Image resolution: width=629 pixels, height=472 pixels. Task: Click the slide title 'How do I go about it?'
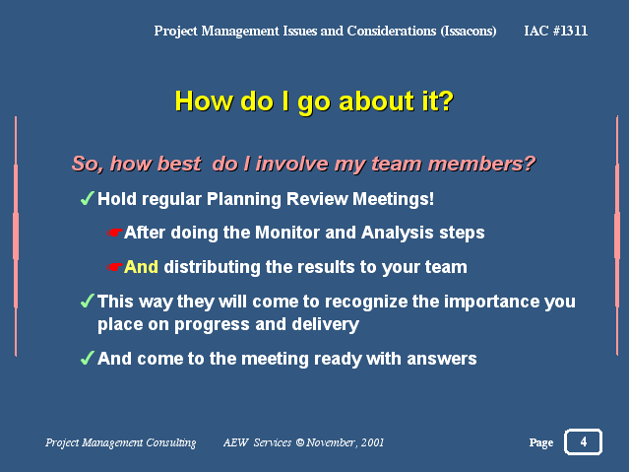314,101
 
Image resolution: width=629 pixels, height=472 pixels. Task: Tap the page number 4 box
583,441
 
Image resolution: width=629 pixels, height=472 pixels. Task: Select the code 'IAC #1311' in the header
555,31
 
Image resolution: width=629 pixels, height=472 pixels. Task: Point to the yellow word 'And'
141,267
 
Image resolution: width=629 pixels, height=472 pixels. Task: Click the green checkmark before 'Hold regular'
87,198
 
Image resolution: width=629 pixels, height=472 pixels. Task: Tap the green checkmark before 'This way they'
87,301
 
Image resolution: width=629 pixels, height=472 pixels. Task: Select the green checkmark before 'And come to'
87,358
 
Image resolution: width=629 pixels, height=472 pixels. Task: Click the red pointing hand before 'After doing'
114,233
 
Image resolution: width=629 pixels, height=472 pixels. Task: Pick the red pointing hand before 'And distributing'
114,267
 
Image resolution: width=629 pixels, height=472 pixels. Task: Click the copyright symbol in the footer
300,442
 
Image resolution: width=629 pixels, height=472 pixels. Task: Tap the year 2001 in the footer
372,442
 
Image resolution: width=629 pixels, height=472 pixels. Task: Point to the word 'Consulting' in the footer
171,442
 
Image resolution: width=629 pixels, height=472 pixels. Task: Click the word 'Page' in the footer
541,442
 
